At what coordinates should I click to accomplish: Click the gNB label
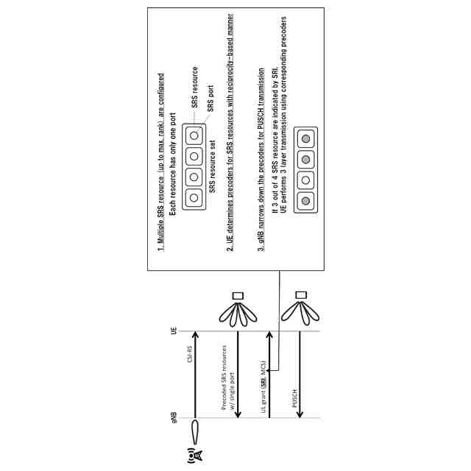tap(175, 418)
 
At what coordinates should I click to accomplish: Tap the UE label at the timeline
tap(175, 331)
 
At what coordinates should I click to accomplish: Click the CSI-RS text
tap(189, 355)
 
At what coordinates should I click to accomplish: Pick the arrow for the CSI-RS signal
tap(196, 375)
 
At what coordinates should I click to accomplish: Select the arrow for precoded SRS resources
tap(238, 375)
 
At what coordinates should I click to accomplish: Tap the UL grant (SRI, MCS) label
tap(263, 375)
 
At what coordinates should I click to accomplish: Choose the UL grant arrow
tap(270, 375)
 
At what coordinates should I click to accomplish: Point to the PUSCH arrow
tap(301, 375)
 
